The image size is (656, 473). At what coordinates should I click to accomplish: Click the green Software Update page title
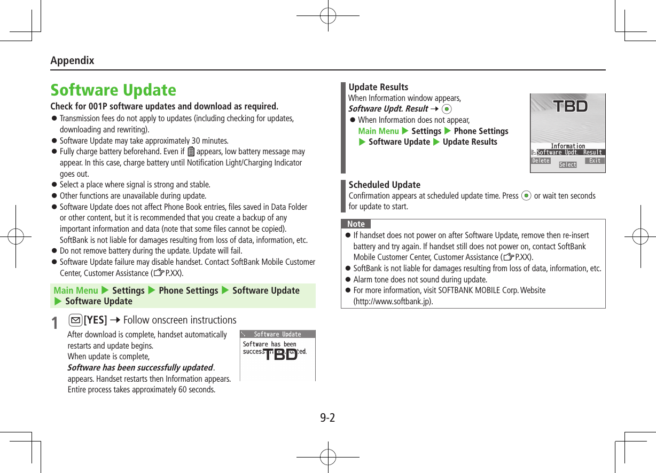click(x=113, y=90)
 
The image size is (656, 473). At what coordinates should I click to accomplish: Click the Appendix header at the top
click(x=72, y=60)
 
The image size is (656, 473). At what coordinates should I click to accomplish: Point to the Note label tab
click(x=356, y=224)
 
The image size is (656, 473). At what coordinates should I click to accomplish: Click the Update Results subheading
click(x=378, y=87)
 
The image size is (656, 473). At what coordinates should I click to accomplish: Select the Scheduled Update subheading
click(x=385, y=185)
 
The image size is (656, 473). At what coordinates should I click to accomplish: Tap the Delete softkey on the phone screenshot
click(x=541, y=161)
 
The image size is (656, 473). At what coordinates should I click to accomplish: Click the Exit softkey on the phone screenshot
click(x=595, y=161)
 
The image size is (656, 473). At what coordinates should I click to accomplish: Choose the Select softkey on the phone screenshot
click(x=568, y=165)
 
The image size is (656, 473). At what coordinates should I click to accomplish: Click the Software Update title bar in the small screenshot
click(x=277, y=334)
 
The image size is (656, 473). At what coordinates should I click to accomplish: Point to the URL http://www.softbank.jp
click(x=393, y=301)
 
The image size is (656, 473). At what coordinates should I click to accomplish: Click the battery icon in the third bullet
click(x=191, y=152)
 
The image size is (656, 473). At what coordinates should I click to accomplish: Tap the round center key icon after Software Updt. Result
click(x=447, y=109)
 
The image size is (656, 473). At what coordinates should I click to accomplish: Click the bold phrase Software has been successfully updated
click(x=140, y=367)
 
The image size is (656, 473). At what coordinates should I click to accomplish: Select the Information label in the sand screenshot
click(x=567, y=146)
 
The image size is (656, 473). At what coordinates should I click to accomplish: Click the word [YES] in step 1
click(x=95, y=320)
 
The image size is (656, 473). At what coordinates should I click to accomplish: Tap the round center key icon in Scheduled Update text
click(x=526, y=196)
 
